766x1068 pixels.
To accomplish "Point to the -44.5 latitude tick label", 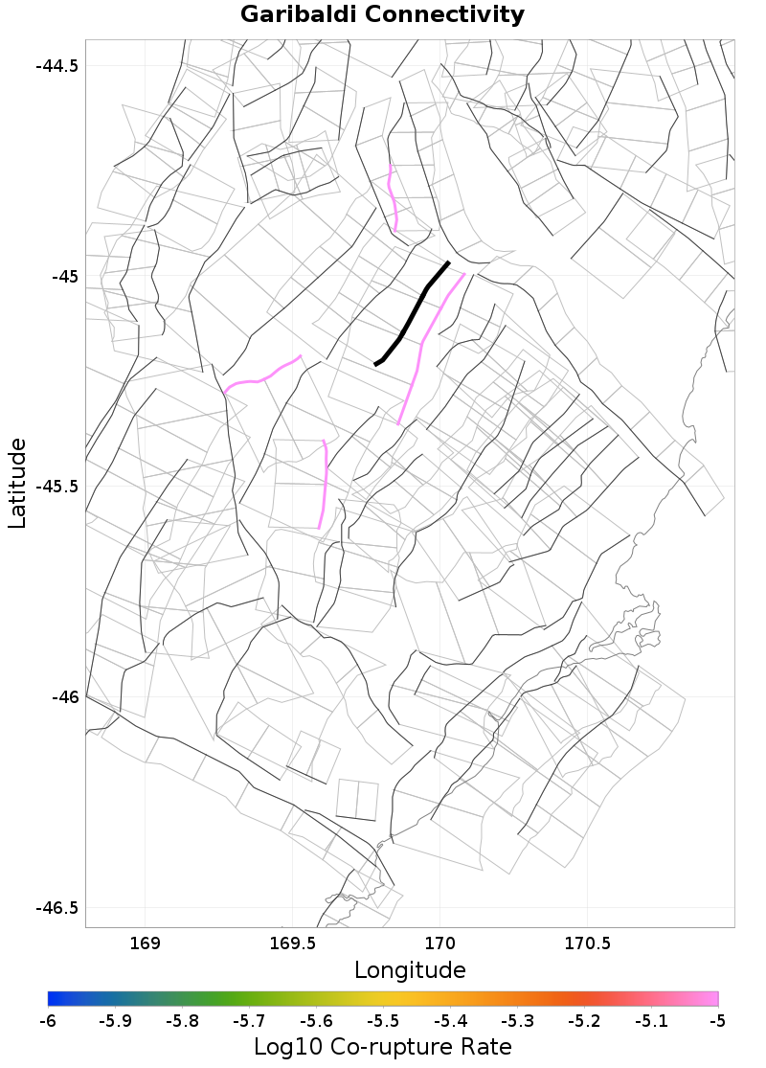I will [x=56, y=66].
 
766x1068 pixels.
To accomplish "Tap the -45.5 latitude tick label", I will [x=56, y=487].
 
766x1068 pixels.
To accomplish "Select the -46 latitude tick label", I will [x=64, y=697].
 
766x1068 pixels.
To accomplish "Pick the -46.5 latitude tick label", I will [x=56, y=907].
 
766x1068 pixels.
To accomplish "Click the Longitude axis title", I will [x=410, y=969].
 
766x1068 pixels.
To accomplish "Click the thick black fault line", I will [x=413, y=312].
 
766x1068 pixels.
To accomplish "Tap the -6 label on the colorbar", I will [x=48, y=1022].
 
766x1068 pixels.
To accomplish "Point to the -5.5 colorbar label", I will [x=383, y=1022].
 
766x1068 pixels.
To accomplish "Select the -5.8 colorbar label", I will [x=182, y=1022].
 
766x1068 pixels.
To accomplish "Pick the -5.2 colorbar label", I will [x=584, y=1022].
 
